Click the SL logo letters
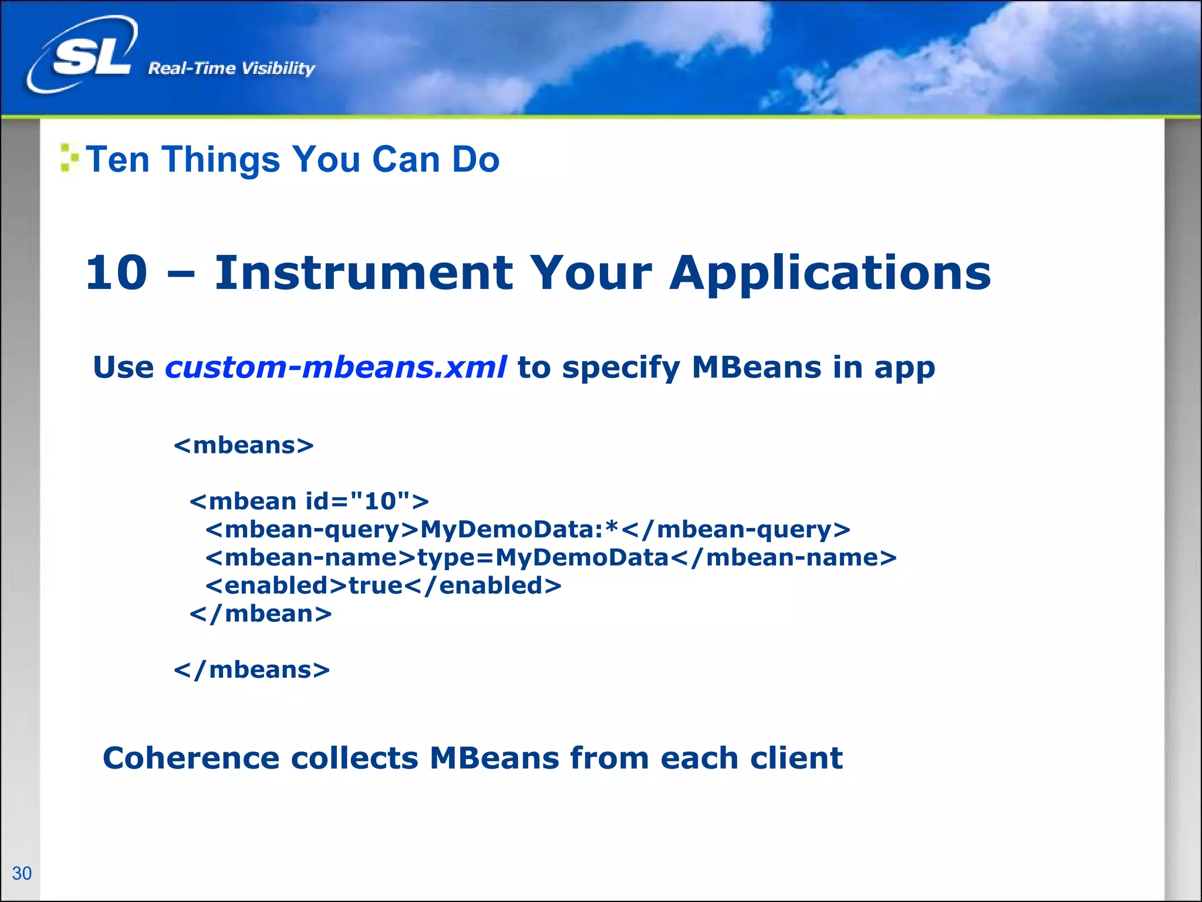(91, 57)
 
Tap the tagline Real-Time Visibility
(231, 69)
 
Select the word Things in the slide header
(221, 159)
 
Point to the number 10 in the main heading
(116, 273)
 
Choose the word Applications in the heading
(830, 274)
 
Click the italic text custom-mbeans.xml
(335, 368)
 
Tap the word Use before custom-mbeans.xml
(123, 368)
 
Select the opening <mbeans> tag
(244, 445)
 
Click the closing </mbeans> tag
(252, 669)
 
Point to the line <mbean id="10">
(309, 502)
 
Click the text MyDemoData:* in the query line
(519, 530)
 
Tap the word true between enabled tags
(376, 586)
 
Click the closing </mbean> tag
(261, 614)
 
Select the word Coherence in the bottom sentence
(191, 758)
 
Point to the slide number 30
(22, 873)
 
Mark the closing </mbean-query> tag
(735, 530)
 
